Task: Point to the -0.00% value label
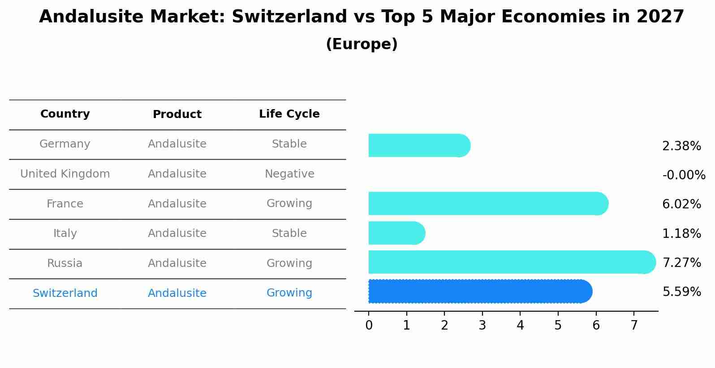[x=684, y=175]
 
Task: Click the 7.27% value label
[x=681, y=262]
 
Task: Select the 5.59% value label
[x=681, y=292]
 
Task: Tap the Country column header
[x=65, y=114]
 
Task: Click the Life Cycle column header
[x=289, y=114]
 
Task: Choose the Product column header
[x=177, y=114]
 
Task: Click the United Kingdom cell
[x=65, y=174]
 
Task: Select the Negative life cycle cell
[x=289, y=174]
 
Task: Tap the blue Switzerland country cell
[x=65, y=293]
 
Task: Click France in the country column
[x=65, y=204]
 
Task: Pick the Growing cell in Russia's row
[x=289, y=263]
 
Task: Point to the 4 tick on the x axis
[x=520, y=325]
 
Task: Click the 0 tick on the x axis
[x=369, y=325]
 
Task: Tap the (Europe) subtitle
[x=362, y=44]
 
